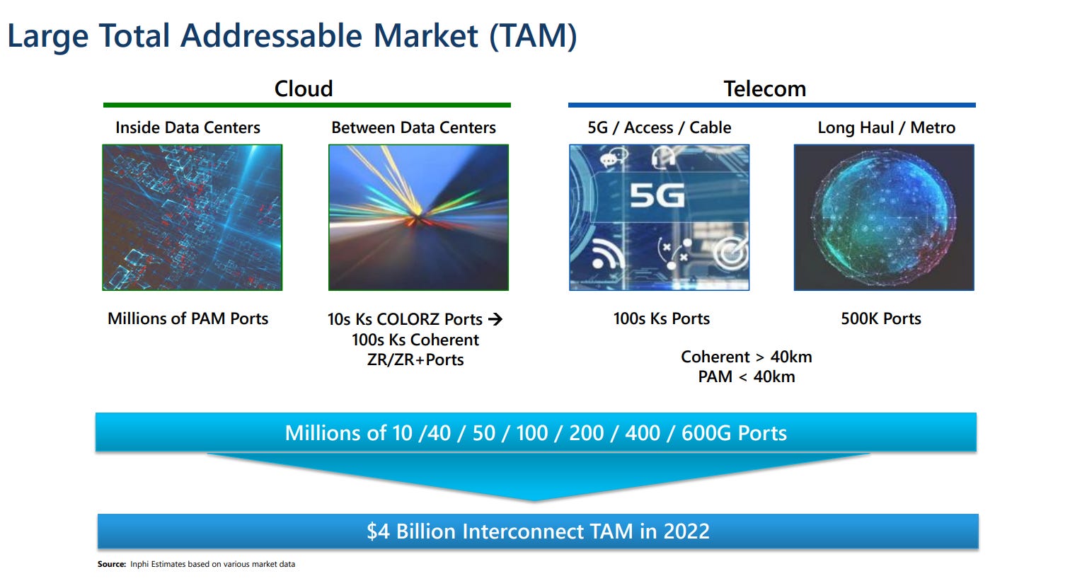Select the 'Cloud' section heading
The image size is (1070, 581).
tap(304, 89)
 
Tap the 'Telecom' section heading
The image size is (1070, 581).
tap(764, 89)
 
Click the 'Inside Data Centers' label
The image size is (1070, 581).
tap(188, 128)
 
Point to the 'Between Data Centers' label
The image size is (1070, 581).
tap(413, 128)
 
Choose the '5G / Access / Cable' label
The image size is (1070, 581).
tap(659, 128)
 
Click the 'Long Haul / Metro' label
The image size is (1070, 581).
tap(886, 128)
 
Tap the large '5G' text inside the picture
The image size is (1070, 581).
tap(657, 195)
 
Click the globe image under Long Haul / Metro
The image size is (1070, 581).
tap(884, 217)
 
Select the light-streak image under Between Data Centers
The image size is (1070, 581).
tap(418, 217)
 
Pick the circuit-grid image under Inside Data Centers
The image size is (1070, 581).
tap(192, 217)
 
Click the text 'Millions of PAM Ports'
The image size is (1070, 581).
tap(188, 319)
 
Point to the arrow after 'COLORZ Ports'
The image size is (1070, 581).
tap(495, 320)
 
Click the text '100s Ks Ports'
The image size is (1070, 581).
tap(661, 319)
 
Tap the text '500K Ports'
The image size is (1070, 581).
tap(880, 319)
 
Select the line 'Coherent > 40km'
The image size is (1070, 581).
tap(746, 357)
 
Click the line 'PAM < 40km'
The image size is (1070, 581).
tap(746, 377)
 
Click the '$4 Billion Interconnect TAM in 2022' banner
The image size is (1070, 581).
tap(538, 531)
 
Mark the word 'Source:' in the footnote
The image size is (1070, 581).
tap(112, 565)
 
